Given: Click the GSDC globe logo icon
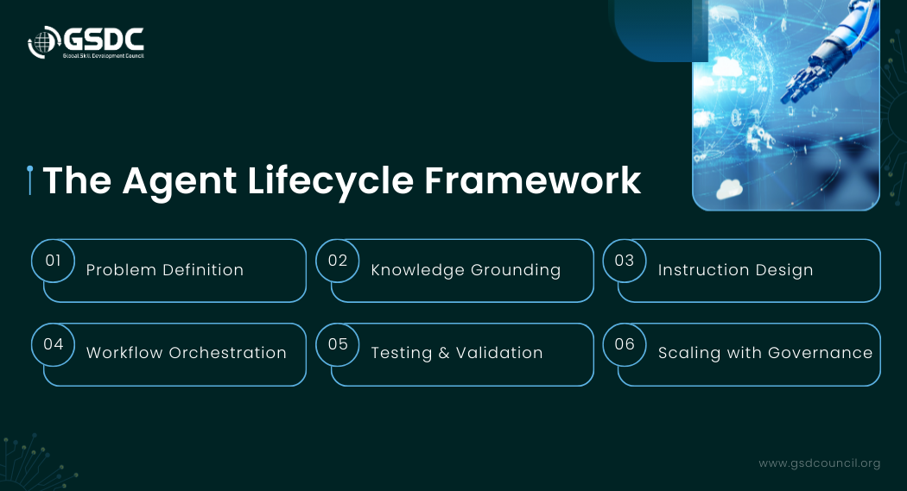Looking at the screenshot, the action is tap(44, 42).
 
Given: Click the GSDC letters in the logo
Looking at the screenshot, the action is tap(104, 40).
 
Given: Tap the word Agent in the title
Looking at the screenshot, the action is tap(180, 181).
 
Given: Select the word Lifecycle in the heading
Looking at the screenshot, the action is tap(330, 181).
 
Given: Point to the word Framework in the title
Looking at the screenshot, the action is tap(533, 181).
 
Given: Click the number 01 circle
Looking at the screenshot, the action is tap(54, 261).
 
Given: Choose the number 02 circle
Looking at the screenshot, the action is tap(338, 261).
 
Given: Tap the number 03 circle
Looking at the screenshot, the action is tap(625, 261).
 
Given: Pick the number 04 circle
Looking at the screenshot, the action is tap(54, 344).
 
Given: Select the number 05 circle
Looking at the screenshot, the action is tap(338, 344).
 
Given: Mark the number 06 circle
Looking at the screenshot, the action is tap(625, 344).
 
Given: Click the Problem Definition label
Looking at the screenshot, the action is tap(165, 270).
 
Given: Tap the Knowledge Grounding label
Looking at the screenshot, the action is tap(466, 270).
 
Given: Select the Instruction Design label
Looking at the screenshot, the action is tap(736, 270).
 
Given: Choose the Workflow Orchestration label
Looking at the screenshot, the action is tap(187, 353).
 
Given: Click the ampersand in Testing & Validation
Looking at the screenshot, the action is tap(444, 353).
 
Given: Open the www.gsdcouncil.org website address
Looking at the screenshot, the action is tap(820, 463).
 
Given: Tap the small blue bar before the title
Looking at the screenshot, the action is tap(30, 180).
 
